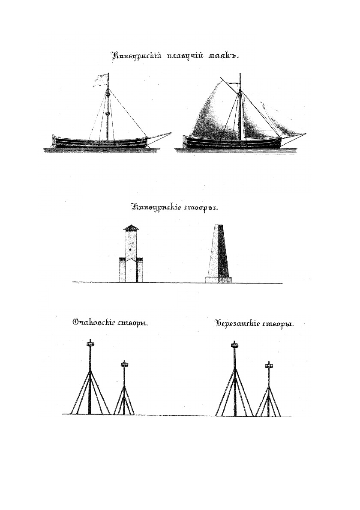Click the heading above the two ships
(174, 56)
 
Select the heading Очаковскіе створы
(110, 322)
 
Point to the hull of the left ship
(99, 143)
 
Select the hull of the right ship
(231, 143)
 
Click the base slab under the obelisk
(218, 280)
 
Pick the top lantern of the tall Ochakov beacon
(90, 343)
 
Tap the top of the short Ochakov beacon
(124, 364)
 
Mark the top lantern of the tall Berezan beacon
(234, 344)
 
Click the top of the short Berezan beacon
(269, 366)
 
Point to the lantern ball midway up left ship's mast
(107, 114)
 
